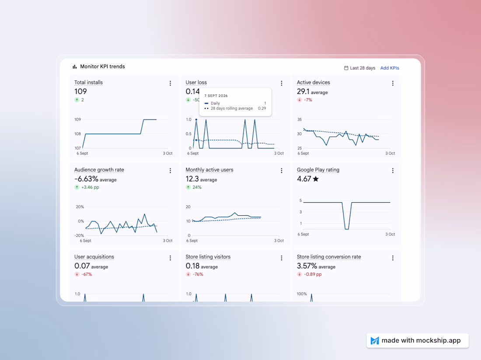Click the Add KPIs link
390,68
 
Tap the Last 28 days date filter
359,68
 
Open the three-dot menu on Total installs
170,83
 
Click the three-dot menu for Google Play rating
393,171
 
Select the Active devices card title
313,83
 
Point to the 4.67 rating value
304,179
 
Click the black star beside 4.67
316,179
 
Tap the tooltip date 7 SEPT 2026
216,96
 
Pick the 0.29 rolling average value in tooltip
262,108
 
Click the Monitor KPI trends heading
102,66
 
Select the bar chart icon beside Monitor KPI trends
74,66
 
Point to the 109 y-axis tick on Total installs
77,119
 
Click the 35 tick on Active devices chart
300,119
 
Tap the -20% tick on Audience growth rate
80,235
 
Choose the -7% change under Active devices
308,100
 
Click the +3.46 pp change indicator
90,187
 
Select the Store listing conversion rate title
329,257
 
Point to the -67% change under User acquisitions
87,274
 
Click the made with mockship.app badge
418,340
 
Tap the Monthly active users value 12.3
192,179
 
